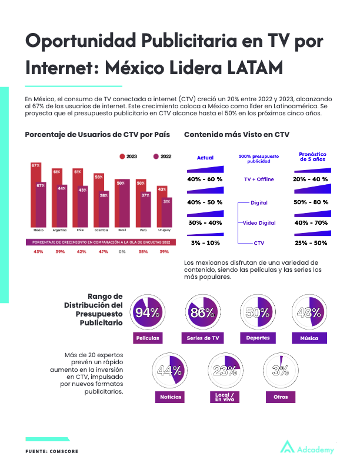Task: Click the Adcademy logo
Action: pyautogui.click(x=306, y=448)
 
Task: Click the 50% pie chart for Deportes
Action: pyautogui.click(x=257, y=312)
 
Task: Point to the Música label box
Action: pyautogui.click(x=309, y=338)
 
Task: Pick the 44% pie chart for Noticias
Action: pyautogui.click(x=169, y=371)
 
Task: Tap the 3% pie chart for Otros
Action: pyautogui.click(x=280, y=371)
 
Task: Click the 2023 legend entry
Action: pyautogui.click(x=128, y=157)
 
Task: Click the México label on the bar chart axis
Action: pyautogui.click(x=39, y=230)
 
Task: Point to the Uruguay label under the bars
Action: pyautogui.click(x=164, y=230)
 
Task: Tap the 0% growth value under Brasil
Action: pyautogui.click(x=122, y=252)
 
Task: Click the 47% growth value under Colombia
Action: pyautogui.click(x=102, y=252)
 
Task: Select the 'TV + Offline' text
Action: pyautogui.click(x=259, y=179)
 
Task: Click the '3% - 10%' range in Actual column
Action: pyautogui.click(x=205, y=243)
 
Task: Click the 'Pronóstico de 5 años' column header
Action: pyautogui.click(x=312, y=157)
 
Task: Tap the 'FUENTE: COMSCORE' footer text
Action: pyautogui.click(x=52, y=451)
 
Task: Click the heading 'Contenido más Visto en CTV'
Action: pyautogui.click(x=236, y=135)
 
